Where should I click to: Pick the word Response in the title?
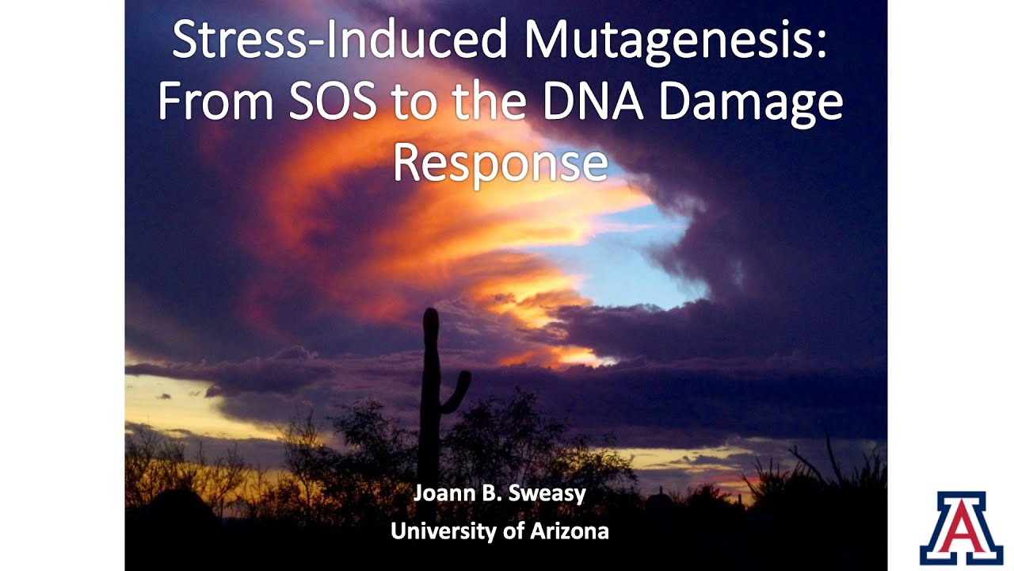(500, 163)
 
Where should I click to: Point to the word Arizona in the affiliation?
(570, 531)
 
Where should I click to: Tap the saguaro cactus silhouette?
(431, 397)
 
